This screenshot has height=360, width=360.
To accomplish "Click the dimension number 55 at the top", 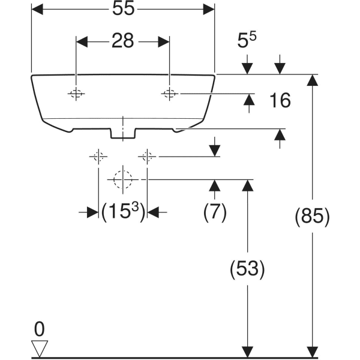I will pyautogui.click(x=123, y=9).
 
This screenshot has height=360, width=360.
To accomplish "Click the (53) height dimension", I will pyautogui.click(x=247, y=269).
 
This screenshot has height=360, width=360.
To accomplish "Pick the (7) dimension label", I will pyautogui.click(x=215, y=212).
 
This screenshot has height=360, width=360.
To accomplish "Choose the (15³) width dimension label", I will pyautogui.click(x=123, y=212).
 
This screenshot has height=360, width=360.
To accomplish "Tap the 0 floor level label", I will pyautogui.click(x=40, y=329).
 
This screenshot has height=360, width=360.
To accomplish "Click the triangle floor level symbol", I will pyautogui.click(x=40, y=349).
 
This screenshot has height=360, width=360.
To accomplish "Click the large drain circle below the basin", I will pyautogui.click(x=122, y=179).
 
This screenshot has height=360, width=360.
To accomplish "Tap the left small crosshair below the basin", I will pyautogui.click(x=98, y=157).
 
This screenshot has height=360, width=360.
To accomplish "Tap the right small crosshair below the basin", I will pyautogui.click(x=147, y=157).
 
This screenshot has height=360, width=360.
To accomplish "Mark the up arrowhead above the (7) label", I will pyautogui.click(x=215, y=185).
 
